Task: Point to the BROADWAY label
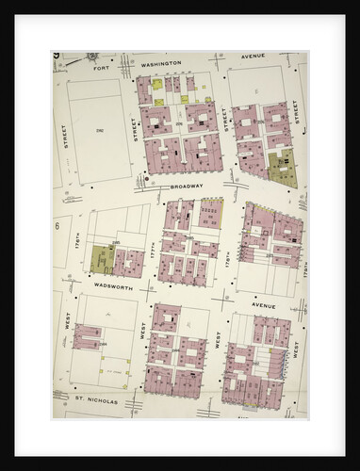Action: pyautogui.click(x=187, y=187)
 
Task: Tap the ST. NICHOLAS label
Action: pyautogui.click(x=97, y=399)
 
